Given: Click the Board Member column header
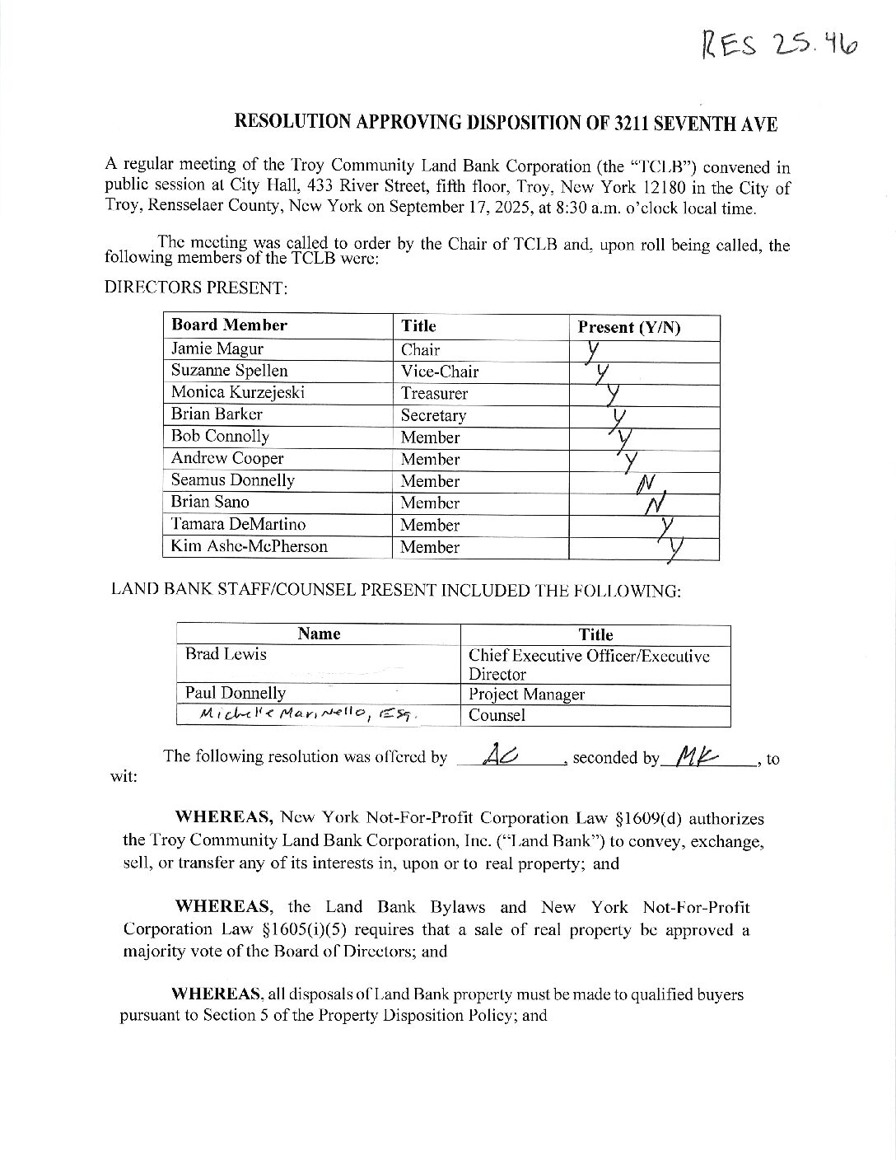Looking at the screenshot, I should click(x=229, y=325).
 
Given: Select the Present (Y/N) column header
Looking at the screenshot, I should click(x=629, y=327).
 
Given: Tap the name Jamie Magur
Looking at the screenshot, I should click(x=217, y=348).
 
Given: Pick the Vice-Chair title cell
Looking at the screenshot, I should click(x=439, y=372).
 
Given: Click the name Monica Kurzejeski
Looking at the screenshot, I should click(x=238, y=392).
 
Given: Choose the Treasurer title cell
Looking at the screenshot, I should click(x=434, y=394).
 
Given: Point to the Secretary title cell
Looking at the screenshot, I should click(x=433, y=415).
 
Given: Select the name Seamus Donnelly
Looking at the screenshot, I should click(x=232, y=480).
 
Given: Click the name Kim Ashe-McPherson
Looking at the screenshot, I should click(x=249, y=546).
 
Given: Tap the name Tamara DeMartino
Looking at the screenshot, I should click(x=238, y=524).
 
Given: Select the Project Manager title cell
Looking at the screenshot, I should click(x=526, y=695).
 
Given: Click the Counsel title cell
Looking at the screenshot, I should click(x=497, y=715).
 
